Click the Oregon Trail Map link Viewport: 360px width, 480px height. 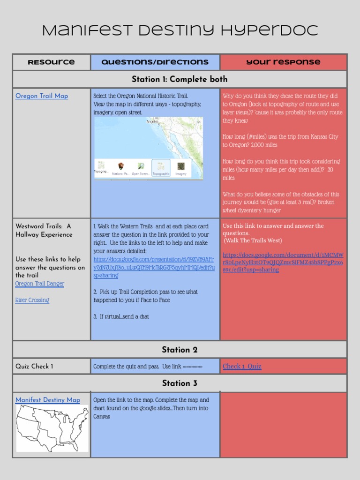point(42,96)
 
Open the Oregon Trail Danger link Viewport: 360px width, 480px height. point(40,284)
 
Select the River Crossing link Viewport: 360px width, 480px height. point(32,300)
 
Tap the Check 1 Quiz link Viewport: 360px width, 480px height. point(242,366)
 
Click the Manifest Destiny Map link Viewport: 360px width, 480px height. point(48,400)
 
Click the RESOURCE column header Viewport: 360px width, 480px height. point(51,62)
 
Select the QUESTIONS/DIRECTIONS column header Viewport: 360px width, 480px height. point(155,62)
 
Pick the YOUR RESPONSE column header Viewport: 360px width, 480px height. point(284,62)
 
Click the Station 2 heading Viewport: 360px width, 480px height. point(180,350)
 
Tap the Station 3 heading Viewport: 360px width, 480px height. point(180,383)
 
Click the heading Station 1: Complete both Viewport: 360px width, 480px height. point(180,79)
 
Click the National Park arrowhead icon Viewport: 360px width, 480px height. point(120,166)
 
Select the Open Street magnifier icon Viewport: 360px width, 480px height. point(141,166)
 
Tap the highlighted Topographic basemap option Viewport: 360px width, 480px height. point(161,167)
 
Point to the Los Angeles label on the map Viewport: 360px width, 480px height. point(152,121)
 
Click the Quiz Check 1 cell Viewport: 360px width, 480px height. point(34,366)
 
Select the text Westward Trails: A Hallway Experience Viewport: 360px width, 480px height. point(44,230)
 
